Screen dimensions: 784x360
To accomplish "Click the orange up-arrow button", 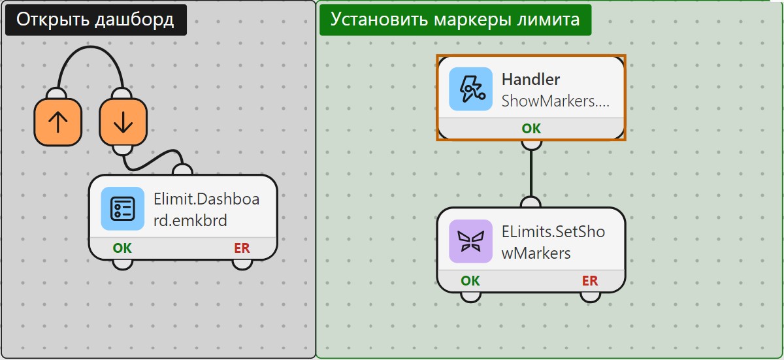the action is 57,122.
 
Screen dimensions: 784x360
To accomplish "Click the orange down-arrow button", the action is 123,122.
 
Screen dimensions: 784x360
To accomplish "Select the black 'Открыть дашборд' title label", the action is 96,20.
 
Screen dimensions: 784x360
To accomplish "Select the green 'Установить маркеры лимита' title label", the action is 455,20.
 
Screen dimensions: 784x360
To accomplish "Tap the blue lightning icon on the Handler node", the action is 471,89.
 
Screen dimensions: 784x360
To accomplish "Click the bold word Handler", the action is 531,80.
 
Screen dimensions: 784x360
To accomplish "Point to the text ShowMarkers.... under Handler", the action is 555,101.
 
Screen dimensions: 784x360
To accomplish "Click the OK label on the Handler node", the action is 531,129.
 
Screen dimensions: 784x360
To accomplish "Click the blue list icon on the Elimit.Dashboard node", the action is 123,208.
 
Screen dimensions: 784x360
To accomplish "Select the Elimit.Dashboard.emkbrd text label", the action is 206,210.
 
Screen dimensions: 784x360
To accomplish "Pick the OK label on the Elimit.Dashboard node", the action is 122,248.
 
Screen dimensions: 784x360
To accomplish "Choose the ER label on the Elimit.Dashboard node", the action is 242,248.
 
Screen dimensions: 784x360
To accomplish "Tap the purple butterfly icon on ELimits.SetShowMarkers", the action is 471,241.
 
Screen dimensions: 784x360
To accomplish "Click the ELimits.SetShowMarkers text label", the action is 553,242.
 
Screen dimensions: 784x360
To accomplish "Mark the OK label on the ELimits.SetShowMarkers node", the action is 470,280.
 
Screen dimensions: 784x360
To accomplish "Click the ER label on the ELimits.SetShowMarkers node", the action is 590,280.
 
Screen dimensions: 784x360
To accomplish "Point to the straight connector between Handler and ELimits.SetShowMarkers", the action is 531,173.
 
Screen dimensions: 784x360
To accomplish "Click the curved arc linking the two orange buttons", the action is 91,47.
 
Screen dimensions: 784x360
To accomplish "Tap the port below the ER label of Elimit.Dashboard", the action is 242,265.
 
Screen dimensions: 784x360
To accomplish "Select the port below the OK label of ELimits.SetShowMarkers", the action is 471,297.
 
